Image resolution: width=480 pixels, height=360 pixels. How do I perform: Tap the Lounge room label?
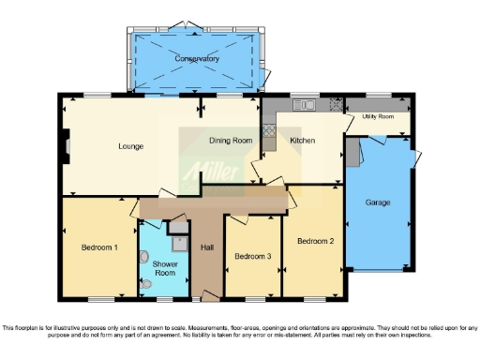click(x=129, y=146)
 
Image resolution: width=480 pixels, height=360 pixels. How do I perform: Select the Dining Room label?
click(x=230, y=141)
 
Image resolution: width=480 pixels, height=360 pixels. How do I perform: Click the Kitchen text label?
click(x=302, y=141)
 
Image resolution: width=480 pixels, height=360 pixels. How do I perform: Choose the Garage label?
click(x=378, y=202)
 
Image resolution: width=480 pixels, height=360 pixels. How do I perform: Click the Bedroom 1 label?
click(x=98, y=247)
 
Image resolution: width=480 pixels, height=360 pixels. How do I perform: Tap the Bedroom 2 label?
click(x=315, y=241)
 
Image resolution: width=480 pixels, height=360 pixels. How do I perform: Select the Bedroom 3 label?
click(x=253, y=256)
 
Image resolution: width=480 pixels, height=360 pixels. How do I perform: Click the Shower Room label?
click(x=165, y=268)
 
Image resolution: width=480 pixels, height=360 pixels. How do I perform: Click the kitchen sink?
click(x=303, y=105)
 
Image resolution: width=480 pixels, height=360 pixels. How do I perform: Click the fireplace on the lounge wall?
click(x=66, y=146)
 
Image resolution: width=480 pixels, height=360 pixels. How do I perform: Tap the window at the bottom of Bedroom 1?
click(x=97, y=300)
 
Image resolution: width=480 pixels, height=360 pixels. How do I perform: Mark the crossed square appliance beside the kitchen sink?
click(x=333, y=105)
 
